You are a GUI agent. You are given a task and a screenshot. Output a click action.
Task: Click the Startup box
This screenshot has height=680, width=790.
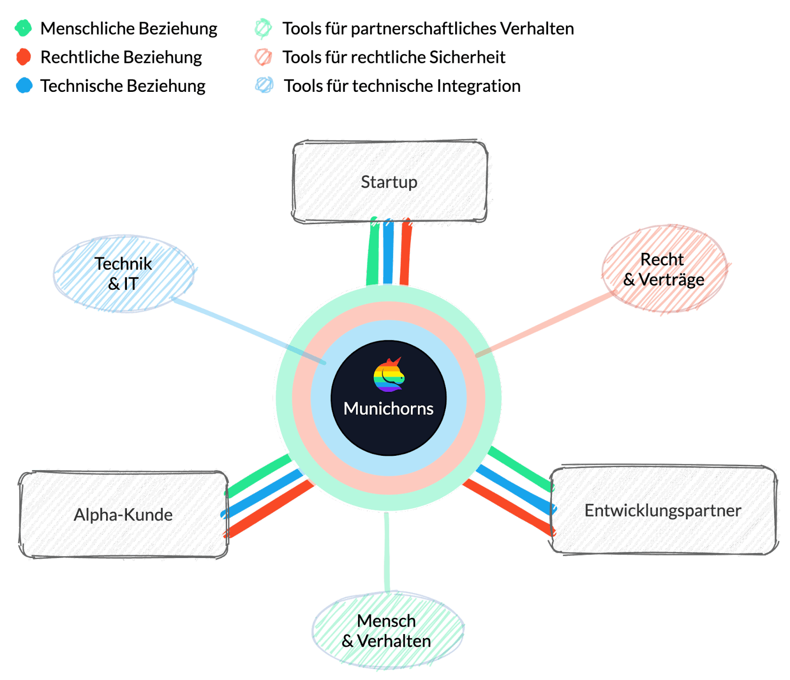[390, 182]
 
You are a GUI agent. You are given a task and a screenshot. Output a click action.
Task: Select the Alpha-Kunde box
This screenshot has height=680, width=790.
[123, 515]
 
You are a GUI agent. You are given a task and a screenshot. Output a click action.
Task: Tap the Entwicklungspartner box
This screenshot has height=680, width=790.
[663, 510]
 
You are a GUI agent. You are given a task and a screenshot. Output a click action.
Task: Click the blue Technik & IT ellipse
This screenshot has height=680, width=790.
[123, 274]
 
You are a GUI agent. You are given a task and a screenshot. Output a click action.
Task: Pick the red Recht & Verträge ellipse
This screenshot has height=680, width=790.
[664, 269]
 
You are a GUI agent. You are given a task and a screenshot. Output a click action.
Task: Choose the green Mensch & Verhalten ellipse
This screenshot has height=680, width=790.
[387, 631]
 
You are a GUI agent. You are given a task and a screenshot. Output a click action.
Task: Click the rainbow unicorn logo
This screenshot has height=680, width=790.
[389, 375]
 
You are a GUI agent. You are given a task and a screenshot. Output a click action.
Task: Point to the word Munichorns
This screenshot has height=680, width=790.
[389, 409]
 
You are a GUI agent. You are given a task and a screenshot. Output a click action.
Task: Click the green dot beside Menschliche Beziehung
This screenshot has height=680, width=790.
[23, 28]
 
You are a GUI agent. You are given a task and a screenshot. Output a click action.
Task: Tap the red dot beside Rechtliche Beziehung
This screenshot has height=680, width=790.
[23, 57]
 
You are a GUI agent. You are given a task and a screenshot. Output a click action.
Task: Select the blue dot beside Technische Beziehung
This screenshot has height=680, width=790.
[24, 85]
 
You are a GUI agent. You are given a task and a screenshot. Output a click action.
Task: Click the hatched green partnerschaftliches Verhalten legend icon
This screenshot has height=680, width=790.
[263, 29]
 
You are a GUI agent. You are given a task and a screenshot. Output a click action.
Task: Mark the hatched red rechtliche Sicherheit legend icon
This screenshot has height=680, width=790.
[263, 57]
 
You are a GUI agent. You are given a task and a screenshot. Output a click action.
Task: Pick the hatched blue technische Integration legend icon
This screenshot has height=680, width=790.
[264, 85]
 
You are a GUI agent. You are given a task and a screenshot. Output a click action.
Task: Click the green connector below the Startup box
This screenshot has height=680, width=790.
[373, 252]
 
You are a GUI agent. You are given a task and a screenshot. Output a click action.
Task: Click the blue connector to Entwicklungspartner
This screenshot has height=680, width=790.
[513, 489]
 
